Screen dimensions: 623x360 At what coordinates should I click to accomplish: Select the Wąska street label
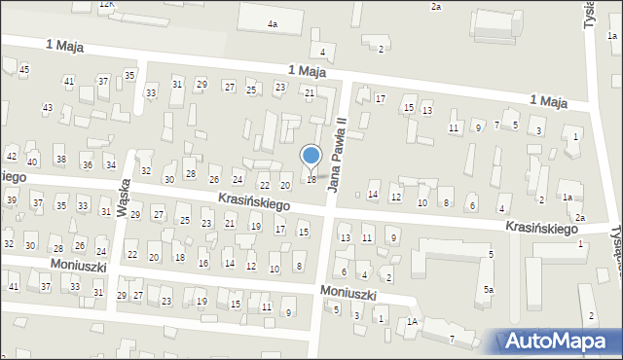[x=124, y=197]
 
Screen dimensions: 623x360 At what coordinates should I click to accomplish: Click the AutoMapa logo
[x=560, y=341]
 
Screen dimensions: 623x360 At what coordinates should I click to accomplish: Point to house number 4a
[x=273, y=23]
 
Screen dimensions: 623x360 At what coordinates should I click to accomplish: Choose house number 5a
[x=491, y=290]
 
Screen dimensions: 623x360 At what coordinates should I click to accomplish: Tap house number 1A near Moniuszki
[x=413, y=321]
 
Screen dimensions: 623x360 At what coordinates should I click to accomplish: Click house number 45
[x=24, y=70]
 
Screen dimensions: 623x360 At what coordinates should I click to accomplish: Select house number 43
[x=47, y=107]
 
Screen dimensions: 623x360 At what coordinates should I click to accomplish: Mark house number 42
[x=12, y=156]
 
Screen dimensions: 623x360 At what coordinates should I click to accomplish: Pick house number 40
[x=32, y=162]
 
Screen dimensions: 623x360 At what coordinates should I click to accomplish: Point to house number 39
[x=12, y=199]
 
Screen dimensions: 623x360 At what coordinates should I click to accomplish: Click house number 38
[x=60, y=159]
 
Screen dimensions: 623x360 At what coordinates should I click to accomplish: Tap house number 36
[x=86, y=164]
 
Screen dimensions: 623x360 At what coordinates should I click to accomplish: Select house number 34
[x=106, y=164]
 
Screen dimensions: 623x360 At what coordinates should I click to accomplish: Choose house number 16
[x=202, y=264]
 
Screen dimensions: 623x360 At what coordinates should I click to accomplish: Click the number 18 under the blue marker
[x=311, y=179]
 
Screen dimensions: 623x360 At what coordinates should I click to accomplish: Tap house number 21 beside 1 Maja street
[x=310, y=93]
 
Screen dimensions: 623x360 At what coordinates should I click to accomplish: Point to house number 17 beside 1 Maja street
[x=381, y=99]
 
